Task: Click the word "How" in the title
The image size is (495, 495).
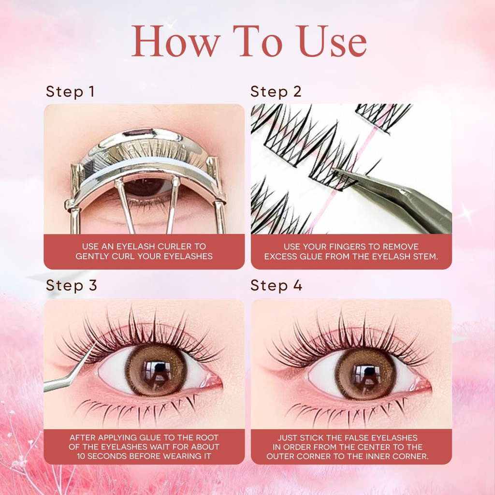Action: pos(175,41)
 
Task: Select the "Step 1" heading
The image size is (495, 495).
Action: pos(70,91)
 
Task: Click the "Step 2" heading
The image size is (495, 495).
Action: pos(276,91)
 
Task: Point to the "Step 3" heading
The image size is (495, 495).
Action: pos(72,285)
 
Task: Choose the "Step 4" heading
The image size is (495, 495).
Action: pos(276,285)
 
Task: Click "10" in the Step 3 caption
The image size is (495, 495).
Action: pos(81,456)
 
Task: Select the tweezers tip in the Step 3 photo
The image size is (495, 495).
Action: pos(94,345)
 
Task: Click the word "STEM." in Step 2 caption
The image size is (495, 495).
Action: pos(427,256)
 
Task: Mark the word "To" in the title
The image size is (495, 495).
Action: pos(257,41)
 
